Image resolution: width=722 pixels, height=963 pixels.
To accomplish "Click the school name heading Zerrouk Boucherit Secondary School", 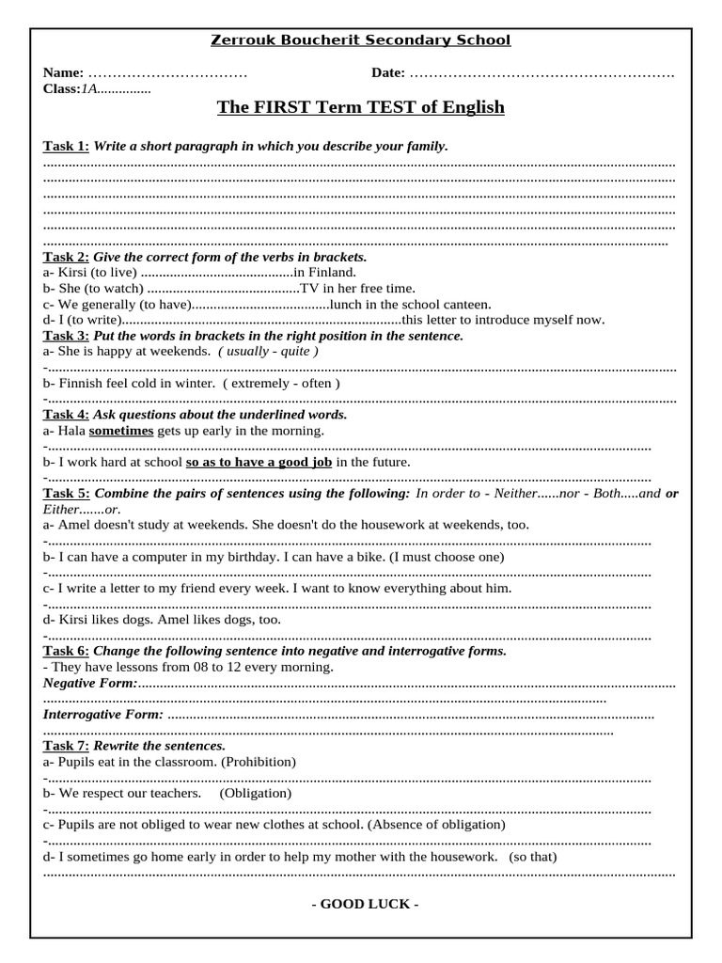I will coord(360,39).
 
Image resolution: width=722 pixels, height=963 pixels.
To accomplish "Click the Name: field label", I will coord(63,72).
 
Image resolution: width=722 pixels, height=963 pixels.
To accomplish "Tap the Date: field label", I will coord(388,72).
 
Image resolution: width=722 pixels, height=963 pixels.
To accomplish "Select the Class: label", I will coord(61,88).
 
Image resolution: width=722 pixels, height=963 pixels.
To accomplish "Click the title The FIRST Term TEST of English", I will coord(361,107).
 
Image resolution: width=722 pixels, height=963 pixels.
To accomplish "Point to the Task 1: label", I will coord(66,146).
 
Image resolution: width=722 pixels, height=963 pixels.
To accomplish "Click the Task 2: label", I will coord(66,257).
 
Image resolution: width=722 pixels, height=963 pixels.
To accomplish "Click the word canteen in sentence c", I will coord(466,304).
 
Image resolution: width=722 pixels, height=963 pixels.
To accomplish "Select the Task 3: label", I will coord(66,336).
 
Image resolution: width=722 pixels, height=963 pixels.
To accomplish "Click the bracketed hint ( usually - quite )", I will coord(268,351).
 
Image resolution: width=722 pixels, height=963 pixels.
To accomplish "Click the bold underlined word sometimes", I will coord(121,430).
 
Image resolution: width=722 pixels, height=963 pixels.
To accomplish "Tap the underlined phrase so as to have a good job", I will coord(259,462).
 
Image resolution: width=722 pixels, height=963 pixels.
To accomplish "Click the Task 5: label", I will coord(66,493).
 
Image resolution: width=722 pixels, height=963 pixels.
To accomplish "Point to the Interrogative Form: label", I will coord(103,714).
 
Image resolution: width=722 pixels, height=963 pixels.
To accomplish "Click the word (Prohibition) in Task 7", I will coord(259,761).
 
